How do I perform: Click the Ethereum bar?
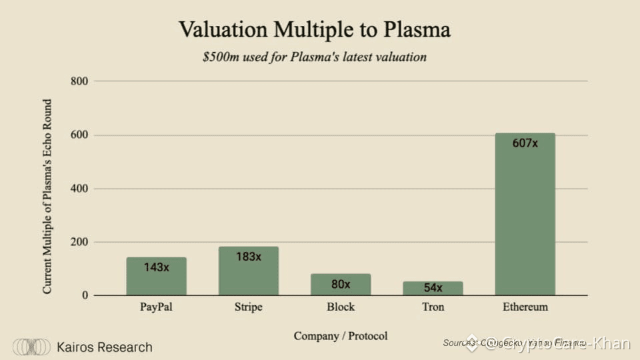point(525,214)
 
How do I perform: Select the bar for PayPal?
point(156,276)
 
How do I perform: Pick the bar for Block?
point(341,285)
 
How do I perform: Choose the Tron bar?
point(433,288)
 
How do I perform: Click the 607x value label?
point(525,143)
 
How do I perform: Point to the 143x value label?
point(157,267)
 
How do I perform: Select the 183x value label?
point(249,257)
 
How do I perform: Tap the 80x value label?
point(341,284)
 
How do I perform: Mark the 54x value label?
point(433,289)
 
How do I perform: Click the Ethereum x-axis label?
point(525,307)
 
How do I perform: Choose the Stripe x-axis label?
point(248,307)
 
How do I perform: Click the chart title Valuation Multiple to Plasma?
point(315,30)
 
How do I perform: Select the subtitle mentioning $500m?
point(315,57)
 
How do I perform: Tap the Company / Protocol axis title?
point(341,335)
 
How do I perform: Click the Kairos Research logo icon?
point(32,347)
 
